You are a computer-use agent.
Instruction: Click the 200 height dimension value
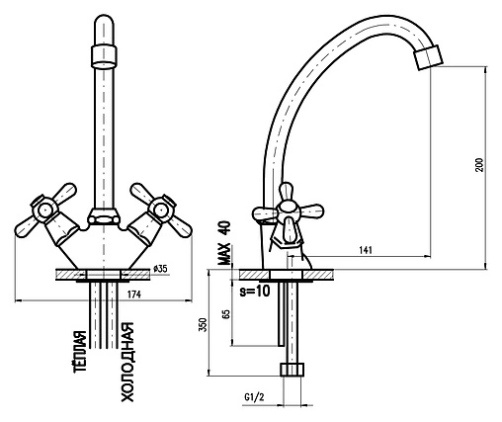pos(479,165)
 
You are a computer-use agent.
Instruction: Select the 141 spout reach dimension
pos(365,250)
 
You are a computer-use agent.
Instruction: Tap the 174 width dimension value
pos(134,295)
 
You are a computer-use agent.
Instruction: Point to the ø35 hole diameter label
pos(160,269)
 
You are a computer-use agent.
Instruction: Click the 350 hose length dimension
pos(204,324)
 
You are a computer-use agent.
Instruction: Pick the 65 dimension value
pos(225,314)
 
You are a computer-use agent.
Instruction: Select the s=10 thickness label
pos(255,291)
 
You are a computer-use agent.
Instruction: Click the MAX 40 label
pos(224,243)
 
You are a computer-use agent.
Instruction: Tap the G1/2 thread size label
pos(254,397)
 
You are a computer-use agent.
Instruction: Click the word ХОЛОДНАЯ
pos(127,362)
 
